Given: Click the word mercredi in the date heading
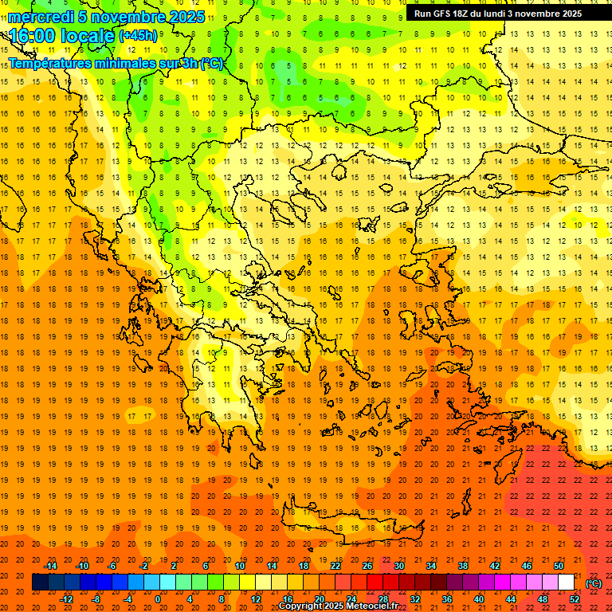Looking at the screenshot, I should coord(41,17).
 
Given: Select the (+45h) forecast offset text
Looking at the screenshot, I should coord(137,36).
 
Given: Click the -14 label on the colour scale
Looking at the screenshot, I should coord(51,566).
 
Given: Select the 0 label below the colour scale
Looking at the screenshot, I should coord(157,599).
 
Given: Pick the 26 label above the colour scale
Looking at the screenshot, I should coord(367,566).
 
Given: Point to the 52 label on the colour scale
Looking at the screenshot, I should coord(575,599).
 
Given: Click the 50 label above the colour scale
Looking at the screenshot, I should coord(559,566).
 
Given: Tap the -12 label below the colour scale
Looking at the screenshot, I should coord(67,599).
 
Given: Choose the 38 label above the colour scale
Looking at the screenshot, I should coord(463,566).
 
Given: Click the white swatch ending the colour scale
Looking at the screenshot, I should coord(566,583).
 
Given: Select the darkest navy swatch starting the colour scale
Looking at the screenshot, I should coord(40,583).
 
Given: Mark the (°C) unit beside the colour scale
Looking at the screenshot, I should coord(594,583).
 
